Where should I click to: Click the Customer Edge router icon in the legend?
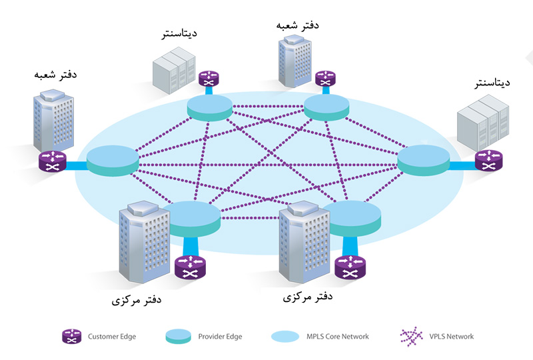(x=71, y=337)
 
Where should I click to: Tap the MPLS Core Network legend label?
(x=338, y=337)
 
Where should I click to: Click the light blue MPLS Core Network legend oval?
(x=288, y=337)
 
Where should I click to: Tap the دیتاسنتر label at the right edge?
(x=490, y=84)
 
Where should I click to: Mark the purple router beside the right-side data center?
(x=489, y=161)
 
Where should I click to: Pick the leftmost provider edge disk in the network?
(x=113, y=161)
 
